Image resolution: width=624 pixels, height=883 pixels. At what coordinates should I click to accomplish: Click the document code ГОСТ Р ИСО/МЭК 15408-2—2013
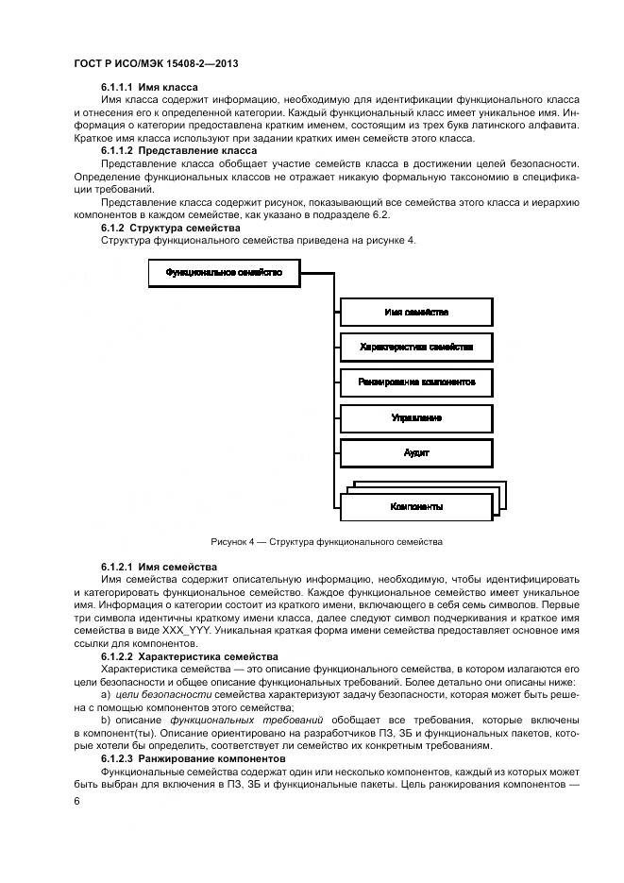(155, 64)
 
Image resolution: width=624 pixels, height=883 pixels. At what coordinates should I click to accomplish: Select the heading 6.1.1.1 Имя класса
(149, 88)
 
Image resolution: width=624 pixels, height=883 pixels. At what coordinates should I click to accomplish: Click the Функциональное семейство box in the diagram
(224, 272)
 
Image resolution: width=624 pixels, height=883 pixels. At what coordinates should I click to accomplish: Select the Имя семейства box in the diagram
(415, 312)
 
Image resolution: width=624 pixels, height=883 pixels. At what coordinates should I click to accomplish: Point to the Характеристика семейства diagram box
(415, 347)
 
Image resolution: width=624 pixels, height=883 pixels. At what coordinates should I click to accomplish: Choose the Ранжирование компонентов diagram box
(415, 382)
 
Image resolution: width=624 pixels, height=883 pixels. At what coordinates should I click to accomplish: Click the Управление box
(415, 417)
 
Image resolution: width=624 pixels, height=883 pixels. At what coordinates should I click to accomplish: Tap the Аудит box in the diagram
(415, 453)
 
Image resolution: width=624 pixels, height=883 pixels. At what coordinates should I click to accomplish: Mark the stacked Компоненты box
(415, 507)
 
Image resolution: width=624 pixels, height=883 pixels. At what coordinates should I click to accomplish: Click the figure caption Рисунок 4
(327, 542)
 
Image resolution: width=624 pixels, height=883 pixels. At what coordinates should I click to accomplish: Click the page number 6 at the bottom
(76, 801)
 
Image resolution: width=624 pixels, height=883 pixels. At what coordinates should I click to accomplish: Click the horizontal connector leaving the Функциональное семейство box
(317, 272)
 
